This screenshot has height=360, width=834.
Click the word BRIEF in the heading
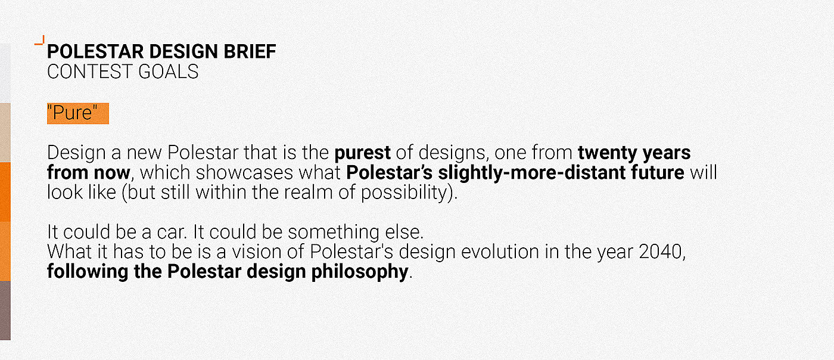[x=250, y=51]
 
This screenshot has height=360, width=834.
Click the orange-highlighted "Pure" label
[x=78, y=113]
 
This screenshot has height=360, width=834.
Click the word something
[x=334, y=233]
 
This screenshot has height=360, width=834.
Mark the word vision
[x=257, y=252]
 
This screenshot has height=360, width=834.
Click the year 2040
[x=660, y=252]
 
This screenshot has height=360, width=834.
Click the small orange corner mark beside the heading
[x=40, y=41]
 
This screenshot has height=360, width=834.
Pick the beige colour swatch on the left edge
[x=5, y=132]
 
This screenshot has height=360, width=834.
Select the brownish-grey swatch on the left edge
[x=5, y=311]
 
